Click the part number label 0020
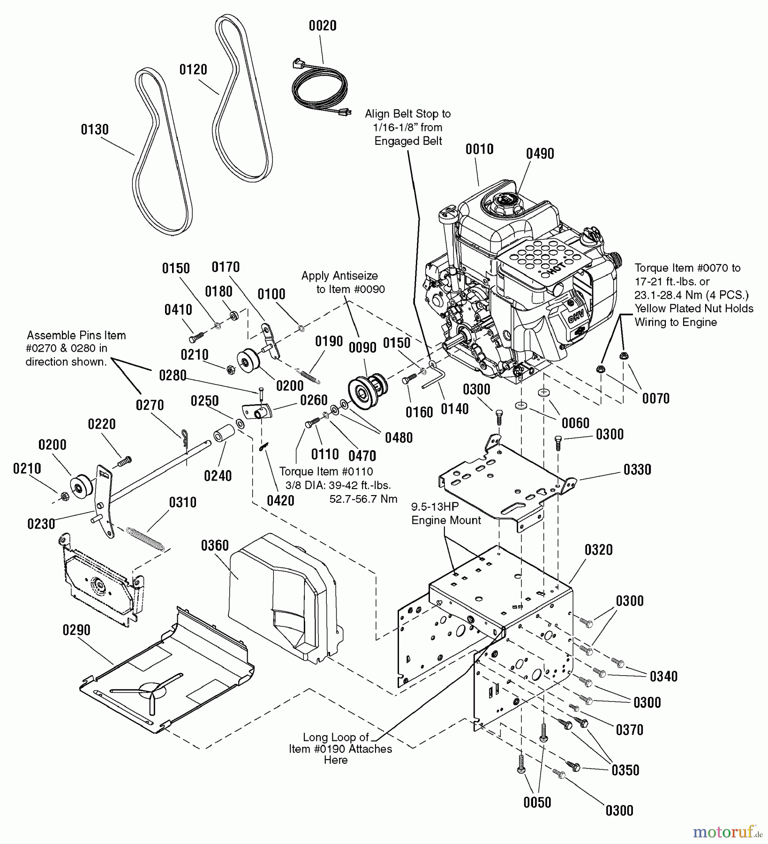tap(323, 26)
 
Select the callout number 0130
tap(95, 129)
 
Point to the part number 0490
tap(540, 154)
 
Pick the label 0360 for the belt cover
tap(215, 545)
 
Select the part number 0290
tap(76, 630)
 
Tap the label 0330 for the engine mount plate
tap(637, 469)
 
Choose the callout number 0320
tap(599, 549)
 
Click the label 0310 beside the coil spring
tap(182, 502)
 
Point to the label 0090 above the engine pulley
tap(362, 347)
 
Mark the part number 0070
tap(655, 399)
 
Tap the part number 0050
tap(537, 802)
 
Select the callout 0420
tap(280, 500)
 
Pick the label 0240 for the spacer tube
tap(218, 476)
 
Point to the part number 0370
tap(630, 730)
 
